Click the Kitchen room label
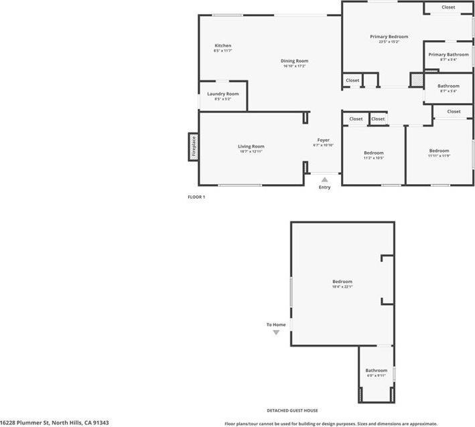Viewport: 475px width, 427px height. (222, 46)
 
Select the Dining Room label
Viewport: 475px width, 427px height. (294, 61)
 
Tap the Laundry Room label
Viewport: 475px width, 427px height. (222, 94)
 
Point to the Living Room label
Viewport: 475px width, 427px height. (251, 146)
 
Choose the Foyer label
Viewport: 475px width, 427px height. (323, 140)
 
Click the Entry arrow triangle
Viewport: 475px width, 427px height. (324, 179)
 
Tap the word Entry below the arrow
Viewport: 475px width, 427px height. (324, 187)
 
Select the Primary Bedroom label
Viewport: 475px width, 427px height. (389, 37)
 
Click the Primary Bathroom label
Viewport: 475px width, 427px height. (448, 54)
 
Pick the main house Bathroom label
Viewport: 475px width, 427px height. (448, 86)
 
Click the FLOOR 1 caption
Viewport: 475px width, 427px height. (196, 197)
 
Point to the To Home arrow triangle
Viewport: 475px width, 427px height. (276, 332)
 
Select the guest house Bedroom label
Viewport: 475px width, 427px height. (342, 281)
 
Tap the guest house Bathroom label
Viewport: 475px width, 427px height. (376, 370)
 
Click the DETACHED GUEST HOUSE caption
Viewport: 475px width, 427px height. (292, 410)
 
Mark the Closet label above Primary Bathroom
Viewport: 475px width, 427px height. (448, 7)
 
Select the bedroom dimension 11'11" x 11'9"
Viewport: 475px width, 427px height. (439, 156)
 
